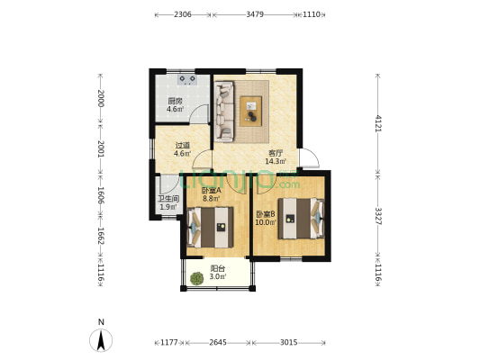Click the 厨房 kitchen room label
pos(175,101)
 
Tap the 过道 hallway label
pos(183,145)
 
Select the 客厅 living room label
pos(276,153)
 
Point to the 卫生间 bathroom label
pos(168,199)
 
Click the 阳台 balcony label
pos(218,268)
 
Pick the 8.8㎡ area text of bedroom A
pos(212,198)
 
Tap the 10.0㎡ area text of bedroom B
pos(266,222)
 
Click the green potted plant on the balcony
pos(197,278)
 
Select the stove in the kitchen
pos(187,79)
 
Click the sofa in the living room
pos(224,112)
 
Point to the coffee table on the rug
pos(250,111)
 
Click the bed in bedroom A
pos(211,228)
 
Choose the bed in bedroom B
pos(301,219)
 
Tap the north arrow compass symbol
pos(101,340)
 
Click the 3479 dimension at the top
pos(255,14)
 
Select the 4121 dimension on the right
pos(378,123)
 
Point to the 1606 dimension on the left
pos(101,195)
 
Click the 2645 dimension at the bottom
pos(218,343)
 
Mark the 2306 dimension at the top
pos(183,14)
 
